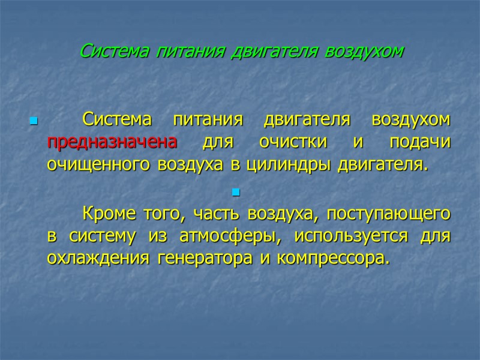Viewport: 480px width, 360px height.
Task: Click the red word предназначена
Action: click(x=112, y=142)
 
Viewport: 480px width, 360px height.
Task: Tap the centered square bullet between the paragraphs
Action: click(x=235, y=193)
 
